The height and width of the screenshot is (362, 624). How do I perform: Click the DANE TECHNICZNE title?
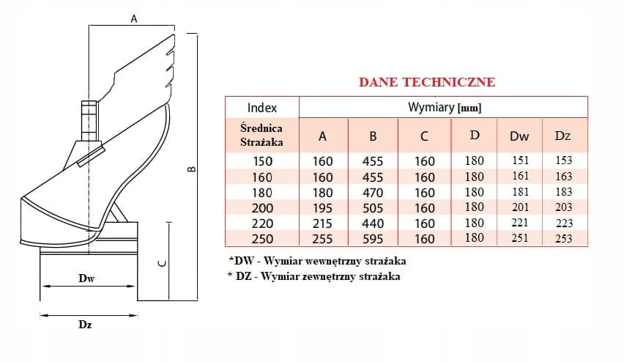(x=427, y=82)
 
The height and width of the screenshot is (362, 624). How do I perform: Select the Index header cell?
(x=262, y=108)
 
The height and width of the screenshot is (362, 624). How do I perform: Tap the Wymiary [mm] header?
(x=445, y=107)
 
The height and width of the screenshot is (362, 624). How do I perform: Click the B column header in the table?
(x=373, y=136)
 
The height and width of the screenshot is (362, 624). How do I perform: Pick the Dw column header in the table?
(x=519, y=136)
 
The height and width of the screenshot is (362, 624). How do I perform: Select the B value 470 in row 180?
(x=373, y=193)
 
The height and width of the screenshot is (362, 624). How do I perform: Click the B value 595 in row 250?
(x=373, y=239)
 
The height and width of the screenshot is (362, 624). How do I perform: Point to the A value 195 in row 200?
(x=322, y=208)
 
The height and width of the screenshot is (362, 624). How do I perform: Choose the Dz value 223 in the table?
(x=564, y=223)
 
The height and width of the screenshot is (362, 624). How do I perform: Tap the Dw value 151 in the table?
(x=521, y=160)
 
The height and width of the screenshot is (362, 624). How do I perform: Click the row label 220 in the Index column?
(x=262, y=224)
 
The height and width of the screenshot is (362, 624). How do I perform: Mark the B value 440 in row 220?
(x=373, y=224)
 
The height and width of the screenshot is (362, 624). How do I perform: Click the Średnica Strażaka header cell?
(x=261, y=135)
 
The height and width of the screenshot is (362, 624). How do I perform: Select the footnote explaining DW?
(x=317, y=262)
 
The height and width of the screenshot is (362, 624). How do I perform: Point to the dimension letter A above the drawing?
(x=134, y=19)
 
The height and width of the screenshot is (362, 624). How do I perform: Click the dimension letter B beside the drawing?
(x=192, y=169)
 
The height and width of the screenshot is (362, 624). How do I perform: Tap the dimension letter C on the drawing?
(x=162, y=263)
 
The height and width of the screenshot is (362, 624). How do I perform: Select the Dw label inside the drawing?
(x=86, y=278)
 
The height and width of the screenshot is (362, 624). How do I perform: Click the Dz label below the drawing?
(x=85, y=325)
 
